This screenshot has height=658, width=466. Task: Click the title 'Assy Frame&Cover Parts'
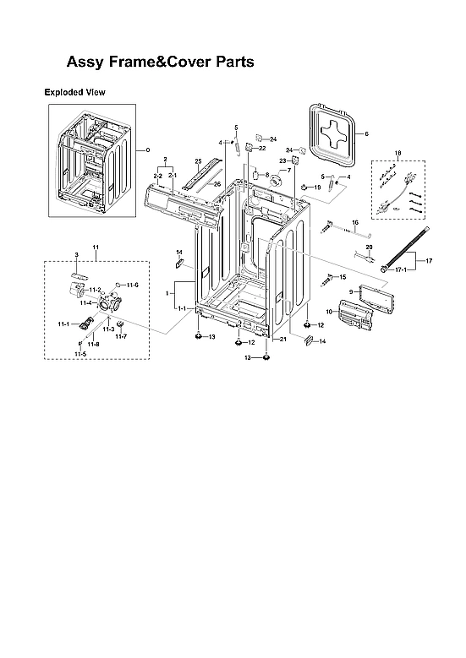tap(160, 63)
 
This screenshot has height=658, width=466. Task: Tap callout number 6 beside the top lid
tap(366, 134)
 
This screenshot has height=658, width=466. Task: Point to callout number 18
tap(397, 154)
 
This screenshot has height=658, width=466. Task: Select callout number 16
tap(355, 222)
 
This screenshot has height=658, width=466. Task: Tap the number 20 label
tap(369, 246)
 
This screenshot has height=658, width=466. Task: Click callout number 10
tap(329, 312)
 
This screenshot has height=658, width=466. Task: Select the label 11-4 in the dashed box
tap(85, 302)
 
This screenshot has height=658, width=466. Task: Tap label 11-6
tap(133, 285)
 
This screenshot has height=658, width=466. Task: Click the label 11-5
tap(79, 354)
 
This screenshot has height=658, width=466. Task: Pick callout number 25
tap(197, 160)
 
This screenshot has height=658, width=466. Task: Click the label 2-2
tap(157, 175)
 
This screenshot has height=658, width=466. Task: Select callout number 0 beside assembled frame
tap(148, 150)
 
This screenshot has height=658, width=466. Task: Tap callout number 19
tap(318, 187)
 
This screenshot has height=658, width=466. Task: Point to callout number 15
tap(343, 277)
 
